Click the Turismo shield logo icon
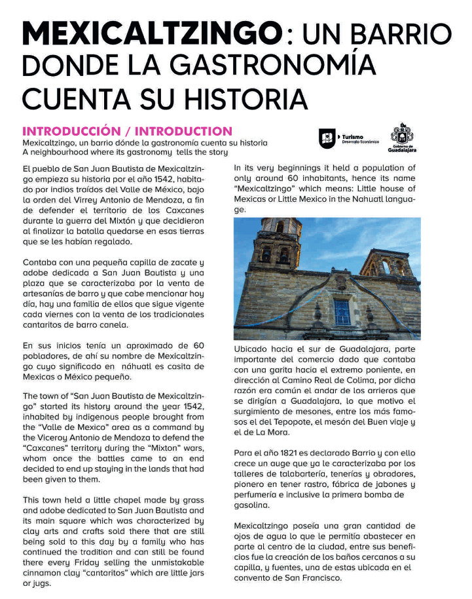(327, 138)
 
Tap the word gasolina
(253, 505)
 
